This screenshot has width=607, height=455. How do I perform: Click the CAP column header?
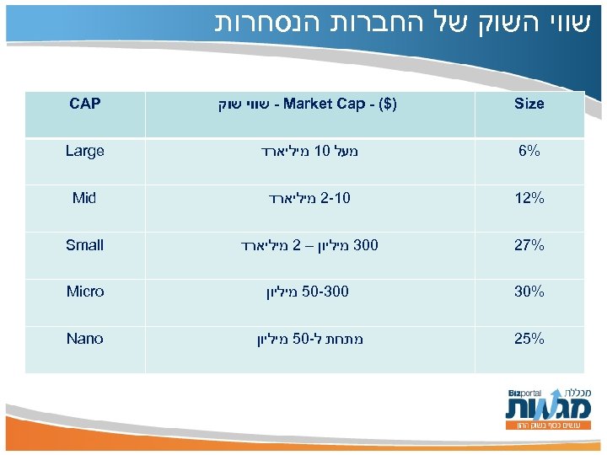[84, 104]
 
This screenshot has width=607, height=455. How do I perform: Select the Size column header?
[529, 104]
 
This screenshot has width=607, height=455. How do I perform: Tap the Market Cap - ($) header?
[309, 104]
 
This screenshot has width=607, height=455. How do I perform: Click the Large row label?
[84, 152]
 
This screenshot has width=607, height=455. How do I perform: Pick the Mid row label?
[84, 199]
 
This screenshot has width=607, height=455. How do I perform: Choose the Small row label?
[84, 245]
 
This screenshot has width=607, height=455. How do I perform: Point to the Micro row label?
[84, 292]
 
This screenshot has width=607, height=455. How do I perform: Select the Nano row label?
[84, 339]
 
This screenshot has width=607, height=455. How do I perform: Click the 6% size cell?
[529, 152]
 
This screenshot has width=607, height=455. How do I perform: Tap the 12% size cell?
[529, 199]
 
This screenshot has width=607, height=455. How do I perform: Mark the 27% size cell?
[529, 245]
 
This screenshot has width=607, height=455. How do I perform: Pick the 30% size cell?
[529, 292]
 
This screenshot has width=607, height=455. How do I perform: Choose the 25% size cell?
[529, 339]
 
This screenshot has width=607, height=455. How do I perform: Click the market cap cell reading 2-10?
[309, 199]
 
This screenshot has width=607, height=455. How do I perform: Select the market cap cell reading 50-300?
[309, 292]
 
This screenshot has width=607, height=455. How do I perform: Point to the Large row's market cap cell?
[309, 152]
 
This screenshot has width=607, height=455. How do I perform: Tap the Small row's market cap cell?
[309, 245]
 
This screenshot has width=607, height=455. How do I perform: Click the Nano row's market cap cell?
[309, 339]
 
